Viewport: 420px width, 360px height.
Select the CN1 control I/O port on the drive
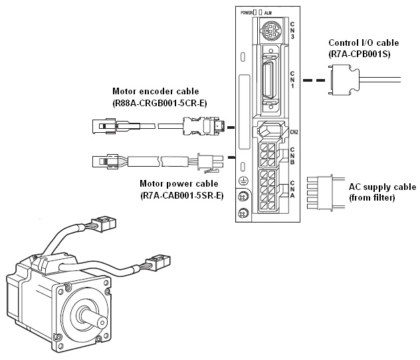pyautogui.click(x=271, y=80)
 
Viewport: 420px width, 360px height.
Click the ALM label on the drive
pyautogui.click(x=267, y=13)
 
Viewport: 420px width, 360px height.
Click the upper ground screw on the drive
pyautogui.click(x=244, y=196)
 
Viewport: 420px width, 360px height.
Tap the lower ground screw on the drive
pyautogui.click(x=244, y=213)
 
